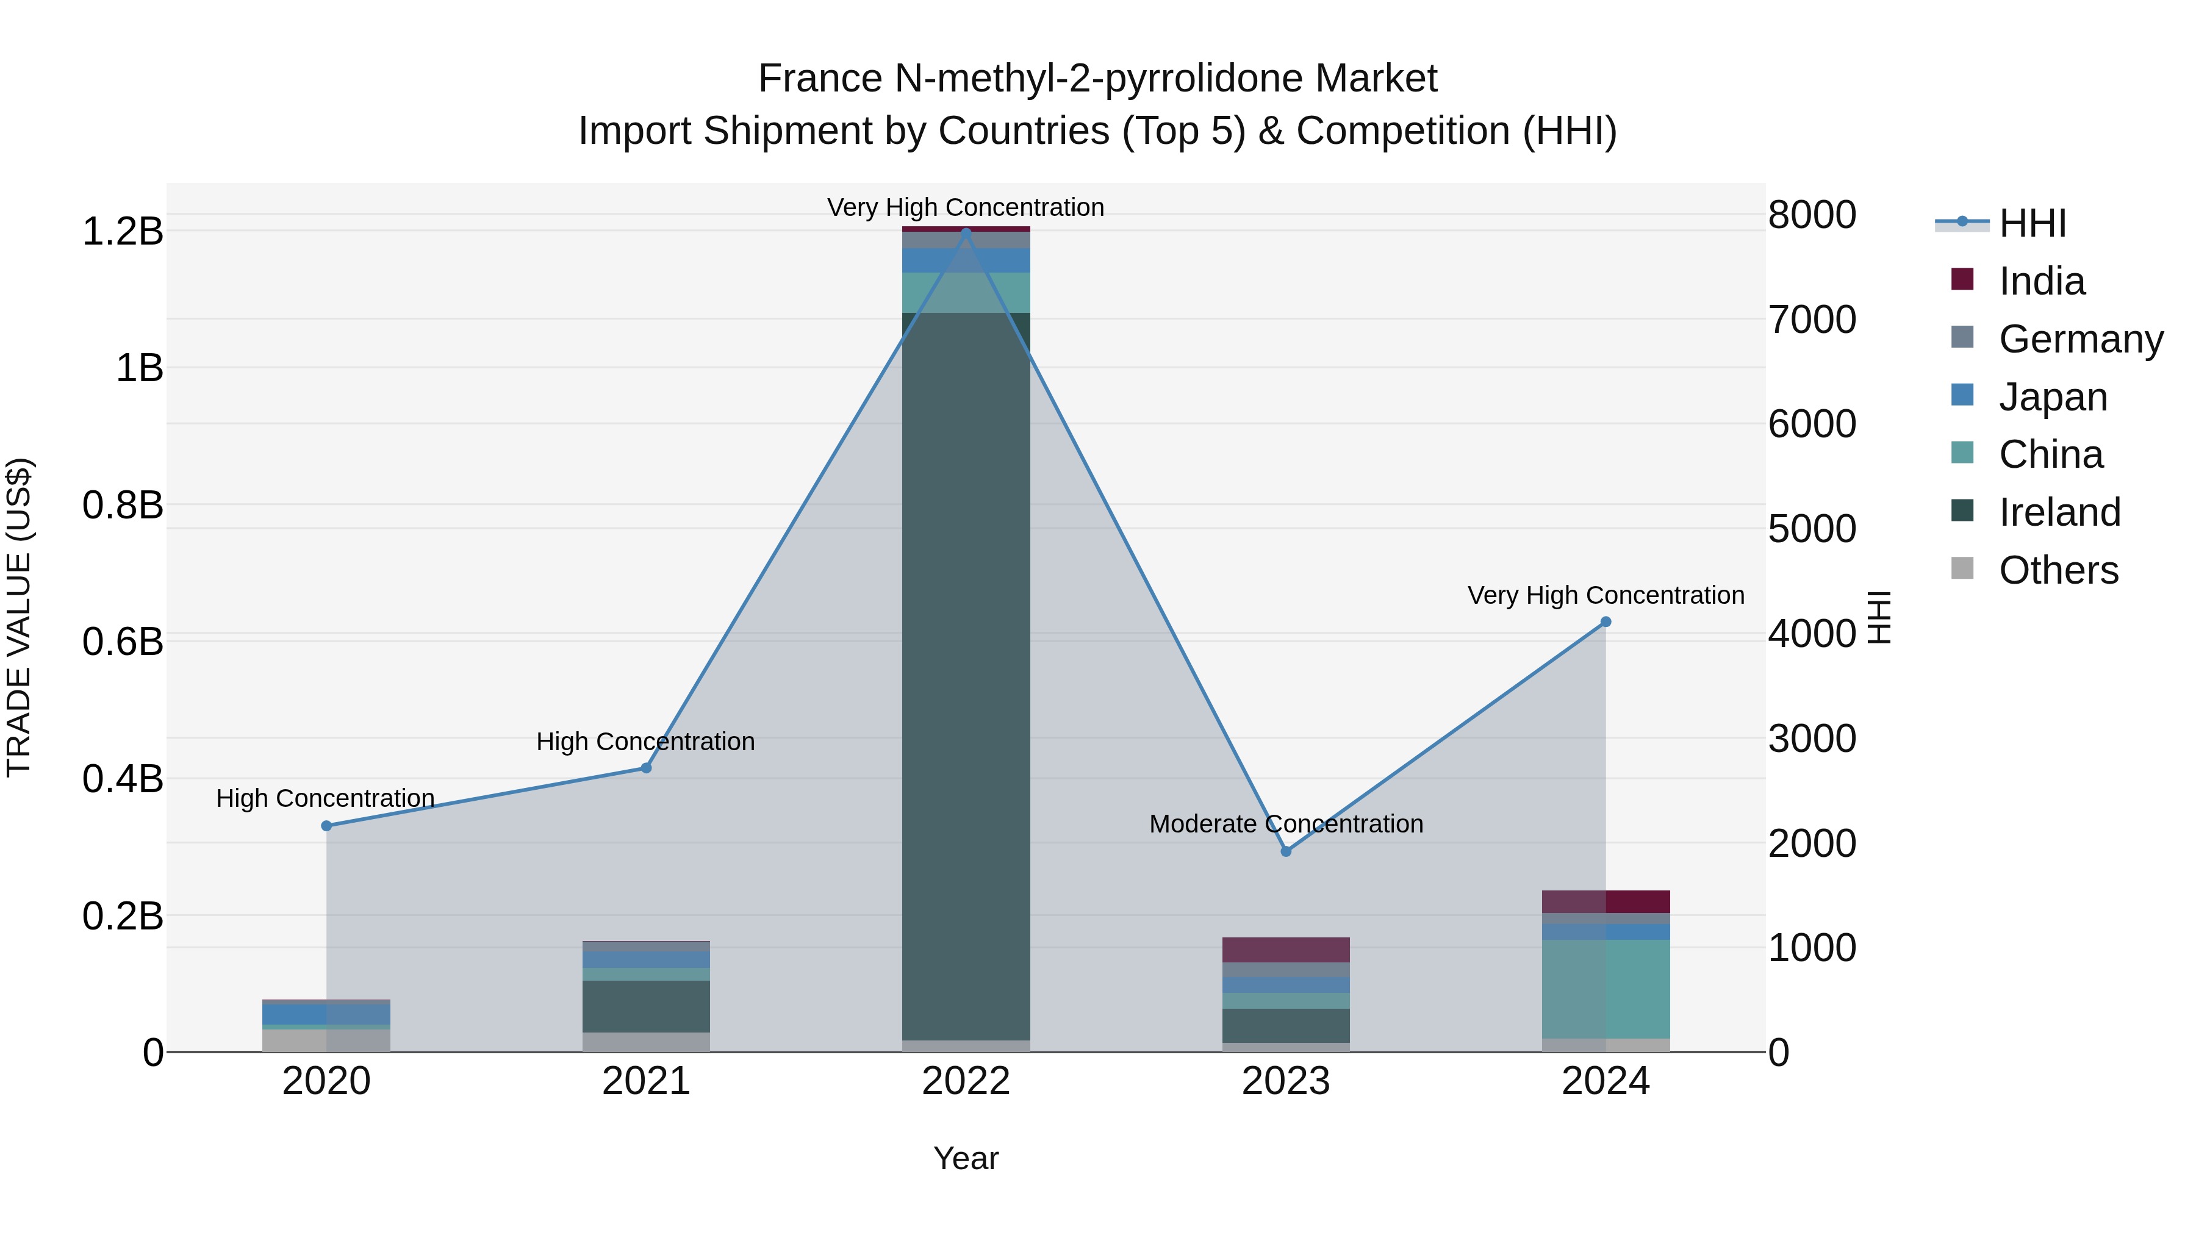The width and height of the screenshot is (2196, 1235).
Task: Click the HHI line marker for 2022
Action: pos(966,232)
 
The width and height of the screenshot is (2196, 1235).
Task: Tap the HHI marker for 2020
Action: pos(326,826)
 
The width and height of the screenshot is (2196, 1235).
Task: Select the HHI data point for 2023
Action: pos(1286,851)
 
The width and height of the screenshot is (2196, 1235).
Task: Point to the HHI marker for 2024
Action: pos(1606,622)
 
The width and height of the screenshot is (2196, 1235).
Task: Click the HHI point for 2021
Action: pos(646,768)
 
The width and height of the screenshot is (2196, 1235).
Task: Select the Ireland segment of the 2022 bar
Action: pos(966,673)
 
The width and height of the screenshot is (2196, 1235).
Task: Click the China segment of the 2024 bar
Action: pos(1606,989)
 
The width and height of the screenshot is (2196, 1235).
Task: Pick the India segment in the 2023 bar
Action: pos(1286,950)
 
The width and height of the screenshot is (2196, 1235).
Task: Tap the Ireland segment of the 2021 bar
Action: pos(646,1006)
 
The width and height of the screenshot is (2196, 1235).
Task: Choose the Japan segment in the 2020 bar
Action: pos(326,1014)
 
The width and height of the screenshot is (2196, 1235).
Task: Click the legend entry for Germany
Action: pos(2080,339)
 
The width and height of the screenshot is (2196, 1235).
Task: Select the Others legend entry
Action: pos(2058,570)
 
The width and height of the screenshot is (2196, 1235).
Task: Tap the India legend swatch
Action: pos(1962,279)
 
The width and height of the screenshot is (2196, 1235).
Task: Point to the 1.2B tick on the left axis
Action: pos(123,232)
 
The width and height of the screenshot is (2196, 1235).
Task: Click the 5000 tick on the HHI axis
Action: pos(1812,529)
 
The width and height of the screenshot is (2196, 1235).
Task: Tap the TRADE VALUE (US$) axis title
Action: pos(19,617)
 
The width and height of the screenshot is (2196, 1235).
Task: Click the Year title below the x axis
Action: pos(966,1158)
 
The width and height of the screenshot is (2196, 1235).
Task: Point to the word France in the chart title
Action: pos(820,79)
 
